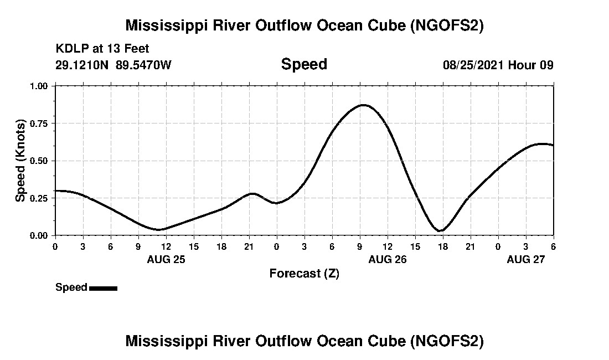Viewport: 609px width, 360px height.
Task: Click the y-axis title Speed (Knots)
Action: tap(20, 161)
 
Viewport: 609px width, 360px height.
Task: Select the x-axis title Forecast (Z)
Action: tap(304, 274)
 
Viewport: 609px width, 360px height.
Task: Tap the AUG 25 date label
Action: tap(166, 259)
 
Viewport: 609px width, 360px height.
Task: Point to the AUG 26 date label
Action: tap(388, 259)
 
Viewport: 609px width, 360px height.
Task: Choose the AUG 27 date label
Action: tap(526, 259)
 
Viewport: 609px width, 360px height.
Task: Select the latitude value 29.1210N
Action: tap(83, 65)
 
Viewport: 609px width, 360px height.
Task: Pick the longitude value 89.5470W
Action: tap(143, 65)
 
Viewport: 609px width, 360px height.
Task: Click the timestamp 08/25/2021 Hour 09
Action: tap(498, 65)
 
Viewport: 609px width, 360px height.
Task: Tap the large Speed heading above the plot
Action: tap(304, 64)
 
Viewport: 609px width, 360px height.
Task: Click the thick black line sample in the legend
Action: tap(103, 288)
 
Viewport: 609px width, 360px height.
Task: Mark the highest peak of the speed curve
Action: tap(363, 105)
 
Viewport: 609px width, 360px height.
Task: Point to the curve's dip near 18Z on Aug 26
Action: tap(441, 230)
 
